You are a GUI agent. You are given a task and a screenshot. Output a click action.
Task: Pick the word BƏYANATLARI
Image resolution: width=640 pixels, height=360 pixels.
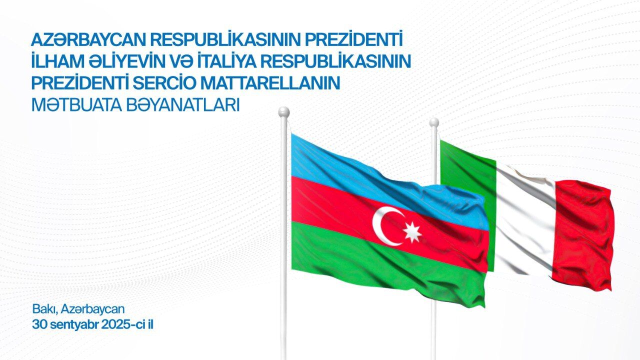182,105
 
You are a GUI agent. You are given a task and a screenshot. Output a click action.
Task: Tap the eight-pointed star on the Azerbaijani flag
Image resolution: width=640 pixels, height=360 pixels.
412,232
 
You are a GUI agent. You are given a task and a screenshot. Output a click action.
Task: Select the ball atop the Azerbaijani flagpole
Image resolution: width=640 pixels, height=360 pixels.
283,111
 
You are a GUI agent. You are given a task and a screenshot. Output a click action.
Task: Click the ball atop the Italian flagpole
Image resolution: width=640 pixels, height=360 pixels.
434,122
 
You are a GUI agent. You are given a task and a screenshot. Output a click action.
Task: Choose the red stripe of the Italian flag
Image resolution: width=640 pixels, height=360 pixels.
583,234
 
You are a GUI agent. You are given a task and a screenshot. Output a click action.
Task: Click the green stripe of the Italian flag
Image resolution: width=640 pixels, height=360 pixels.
465,177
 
